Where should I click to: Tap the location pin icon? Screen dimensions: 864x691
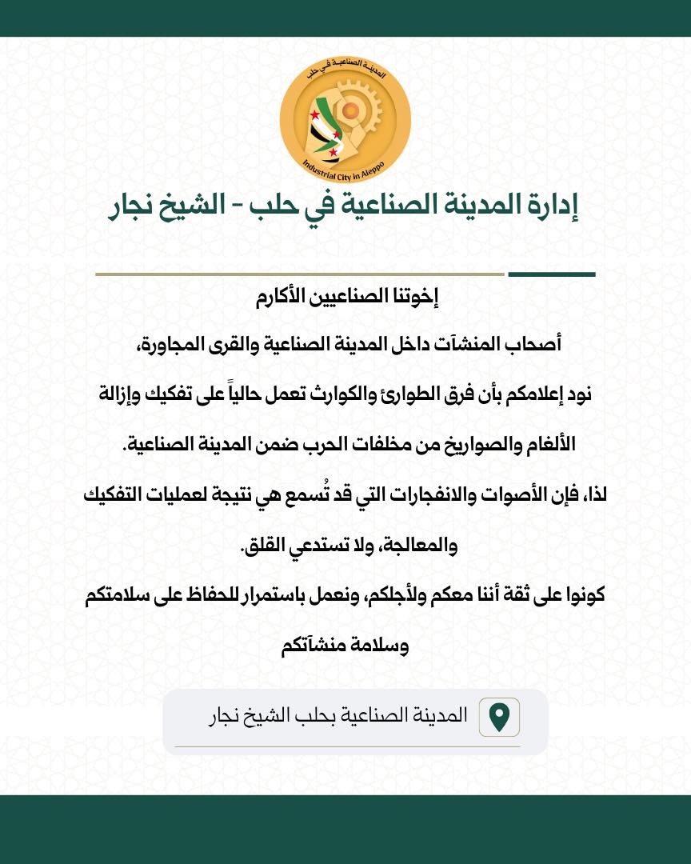(x=499, y=717)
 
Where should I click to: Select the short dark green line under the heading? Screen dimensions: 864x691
(x=551, y=274)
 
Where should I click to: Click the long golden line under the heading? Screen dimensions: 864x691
(x=300, y=274)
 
